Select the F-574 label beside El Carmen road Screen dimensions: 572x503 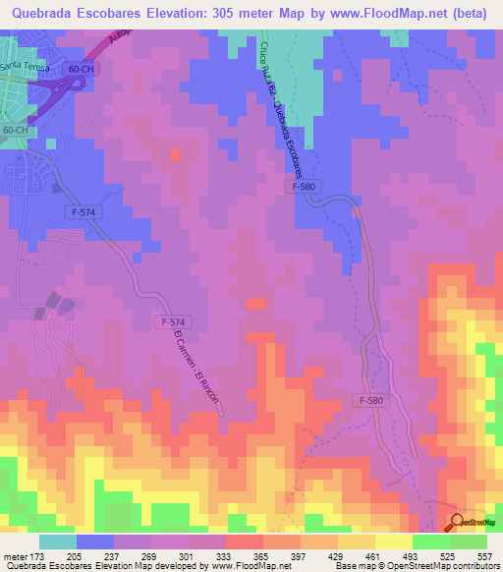pos(169,322)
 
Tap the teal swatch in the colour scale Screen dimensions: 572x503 pos(58,542)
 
